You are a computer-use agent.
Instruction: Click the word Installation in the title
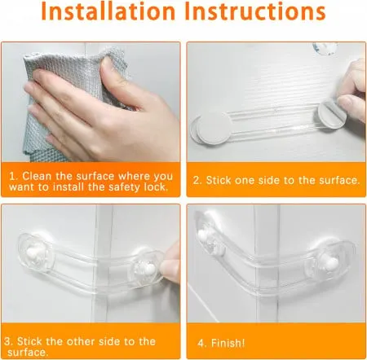pyautogui.click(x=108, y=11)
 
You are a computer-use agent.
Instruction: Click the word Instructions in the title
pyautogui.click(x=254, y=11)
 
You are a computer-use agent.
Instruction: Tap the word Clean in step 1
pyautogui.click(x=37, y=176)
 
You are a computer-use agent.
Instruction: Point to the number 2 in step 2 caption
pyautogui.click(x=197, y=181)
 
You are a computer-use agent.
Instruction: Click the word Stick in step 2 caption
pyautogui.click(x=219, y=180)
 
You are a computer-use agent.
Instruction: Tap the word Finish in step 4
pyautogui.click(x=228, y=343)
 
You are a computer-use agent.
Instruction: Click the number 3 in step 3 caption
pyautogui.click(x=7, y=341)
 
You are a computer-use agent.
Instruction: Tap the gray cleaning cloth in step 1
pyautogui.click(x=73, y=103)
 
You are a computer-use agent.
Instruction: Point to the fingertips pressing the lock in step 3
pyautogui.click(x=170, y=265)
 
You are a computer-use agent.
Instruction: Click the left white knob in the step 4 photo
pyautogui.click(x=203, y=235)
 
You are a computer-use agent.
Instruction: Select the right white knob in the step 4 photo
pyautogui.click(x=329, y=261)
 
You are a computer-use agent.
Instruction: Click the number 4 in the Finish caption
pyautogui.click(x=201, y=344)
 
